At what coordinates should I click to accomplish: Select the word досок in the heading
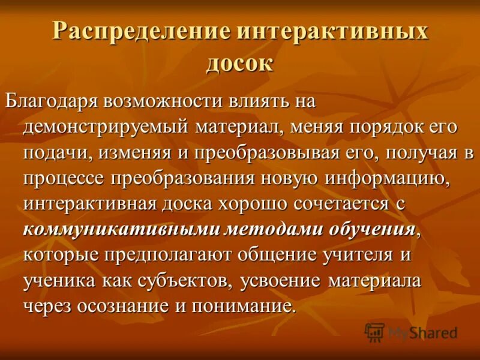coord(240,62)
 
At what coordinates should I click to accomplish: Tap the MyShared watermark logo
coord(412,332)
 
